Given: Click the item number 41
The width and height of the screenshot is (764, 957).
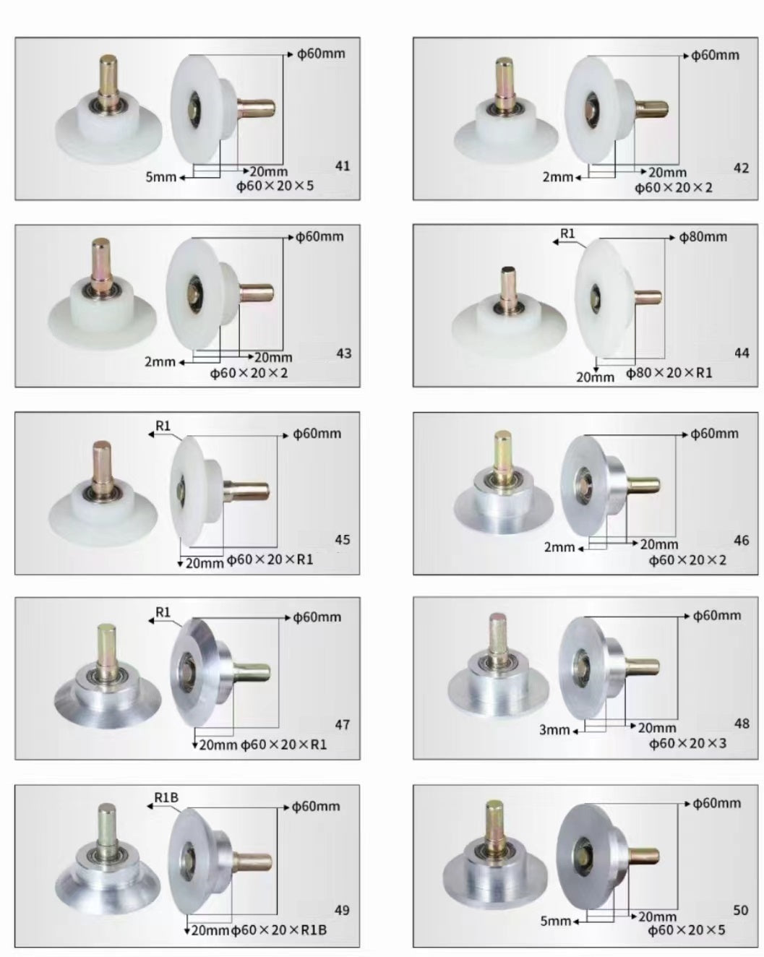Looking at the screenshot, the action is pyautogui.click(x=343, y=166).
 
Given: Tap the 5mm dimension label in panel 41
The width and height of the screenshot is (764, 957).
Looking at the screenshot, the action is pyautogui.click(x=160, y=177).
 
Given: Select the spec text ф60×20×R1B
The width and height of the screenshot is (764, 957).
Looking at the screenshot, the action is pyautogui.click(x=279, y=930).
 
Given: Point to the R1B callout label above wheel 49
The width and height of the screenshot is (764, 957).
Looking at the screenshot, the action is pyautogui.click(x=166, y=798).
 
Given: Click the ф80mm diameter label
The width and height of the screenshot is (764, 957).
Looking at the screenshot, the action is pyautogui.click(x=703, y=237).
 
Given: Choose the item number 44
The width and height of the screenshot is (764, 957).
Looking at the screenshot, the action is pyautogui.click(x=742, y=353).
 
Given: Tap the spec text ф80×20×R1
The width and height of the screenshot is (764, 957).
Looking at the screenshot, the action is pyautogui.click(x=669, y=373).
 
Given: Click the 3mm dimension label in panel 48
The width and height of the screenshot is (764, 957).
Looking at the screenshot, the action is pyautogui.click(x=554, y=730).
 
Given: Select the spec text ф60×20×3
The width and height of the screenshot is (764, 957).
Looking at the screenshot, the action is pyautogui.click(x=687, y=743).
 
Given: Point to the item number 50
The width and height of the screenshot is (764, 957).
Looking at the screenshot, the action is pyautogui.click(x=741, y=910).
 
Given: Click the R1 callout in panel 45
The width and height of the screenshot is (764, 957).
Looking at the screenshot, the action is pyautogui.click(x=163, y=426).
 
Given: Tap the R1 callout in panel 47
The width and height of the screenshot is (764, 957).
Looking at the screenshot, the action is pyautogui.click(x=163, y=612).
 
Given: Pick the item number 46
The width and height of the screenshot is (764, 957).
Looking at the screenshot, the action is pyautogui.click(x=742, y=541).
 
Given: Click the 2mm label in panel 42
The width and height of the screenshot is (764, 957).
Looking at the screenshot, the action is pyautogui.click(x=558, y=177).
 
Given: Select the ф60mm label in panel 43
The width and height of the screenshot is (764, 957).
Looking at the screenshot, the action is pyautogui.click(x=319, y=236).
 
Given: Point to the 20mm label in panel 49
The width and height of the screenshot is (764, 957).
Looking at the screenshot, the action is pyautogui.click(x=210, y=930).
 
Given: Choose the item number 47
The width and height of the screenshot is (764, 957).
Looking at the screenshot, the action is pyautogui.click(x=342, y=725).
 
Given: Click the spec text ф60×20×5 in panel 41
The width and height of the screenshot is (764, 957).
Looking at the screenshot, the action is pyautogui.click(x=275, y=186).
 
